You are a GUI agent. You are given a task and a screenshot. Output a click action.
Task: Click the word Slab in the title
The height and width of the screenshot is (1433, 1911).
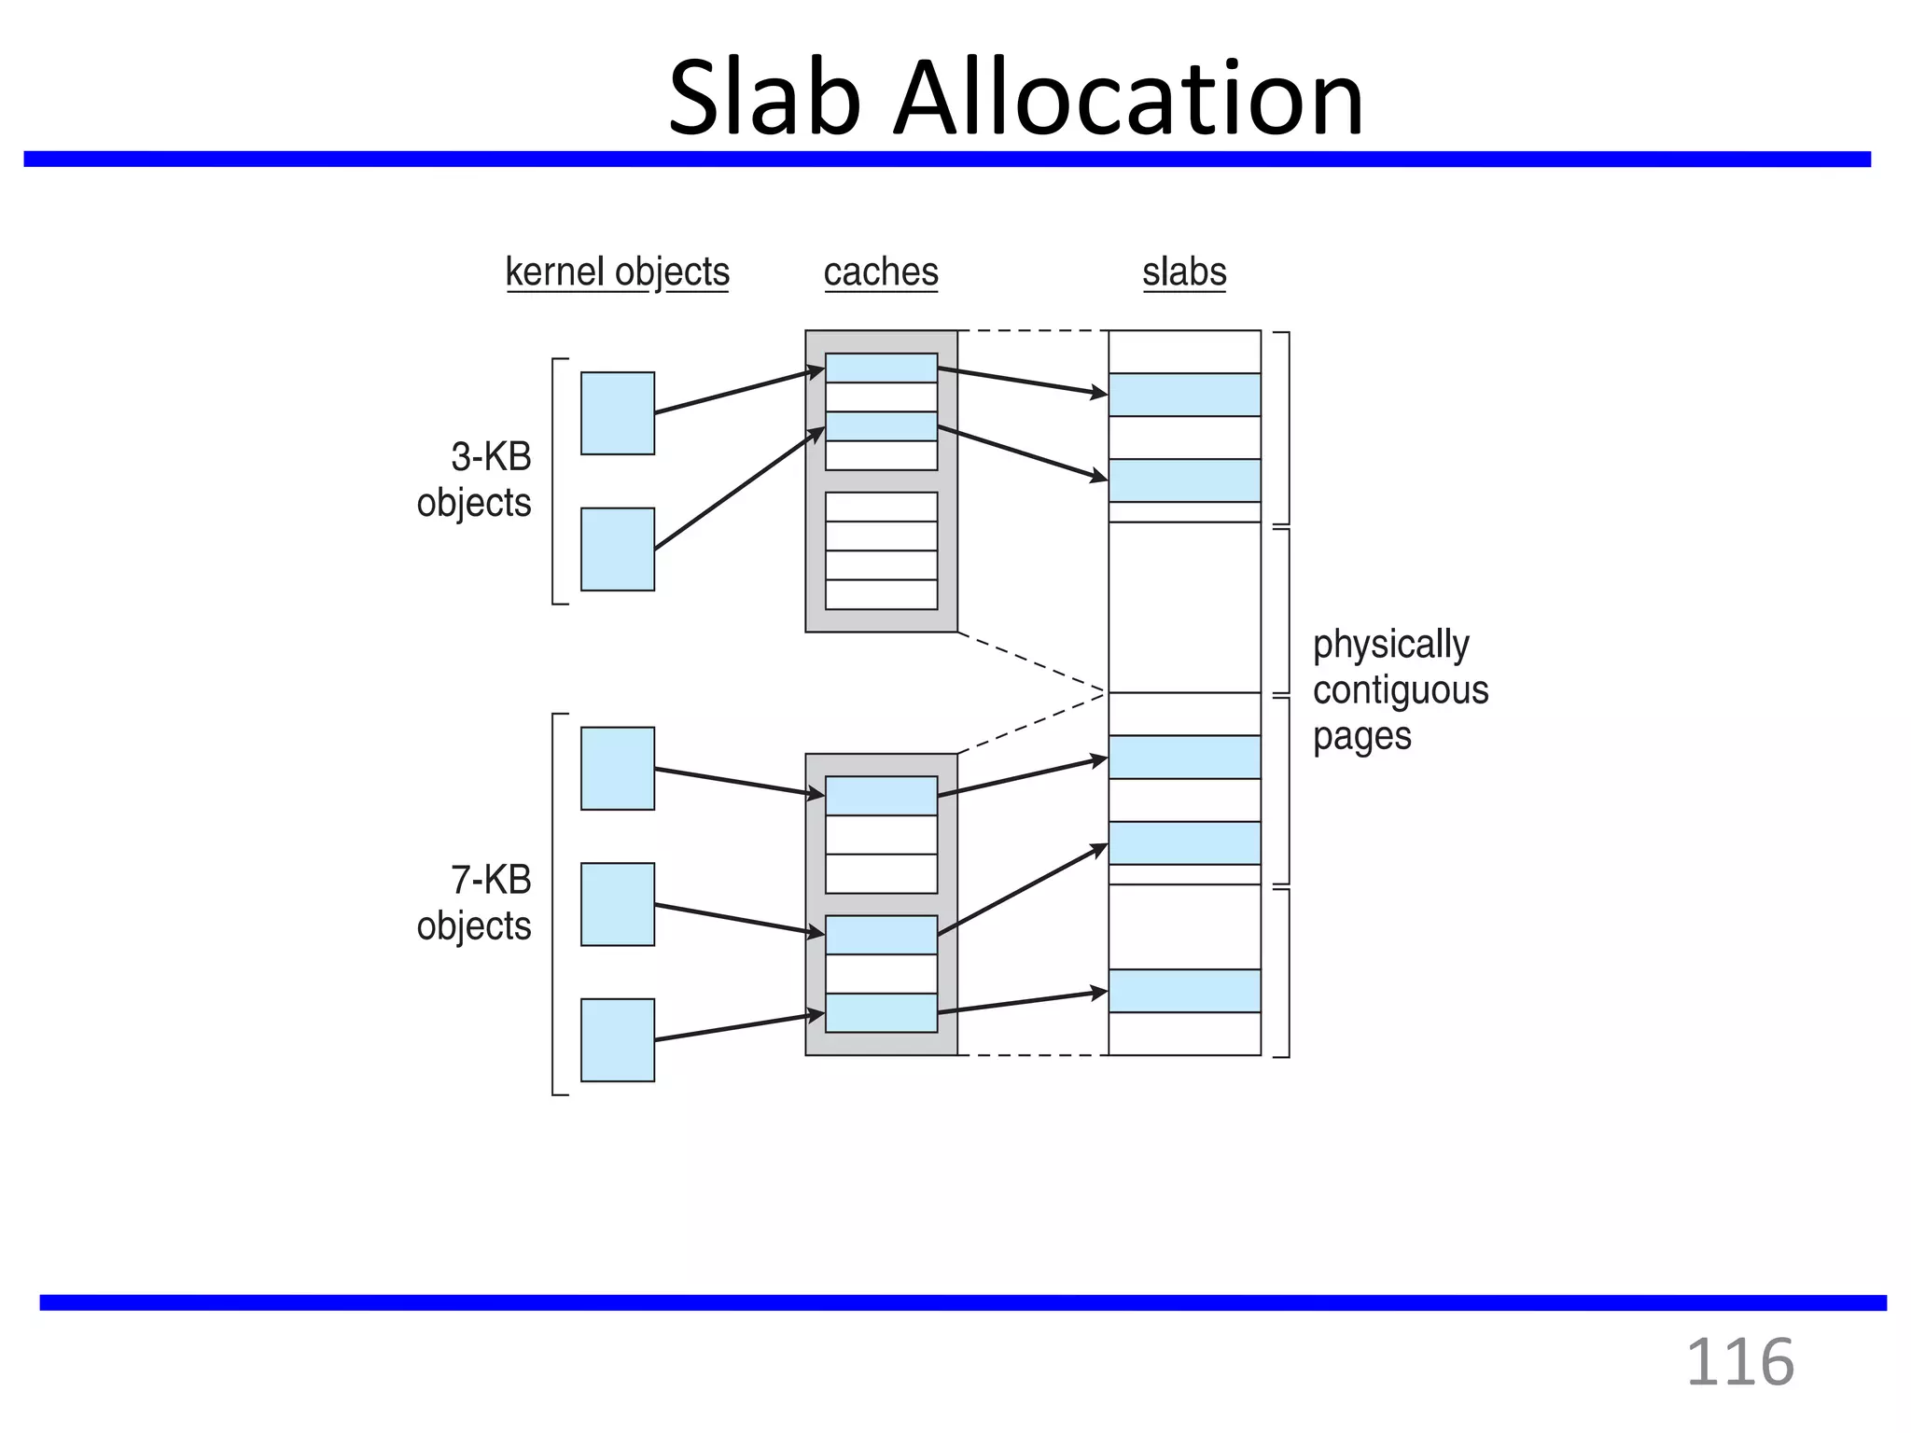click(x=765, y=98)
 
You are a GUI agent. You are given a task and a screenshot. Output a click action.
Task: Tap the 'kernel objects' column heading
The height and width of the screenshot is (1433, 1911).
click(x=617, y=272)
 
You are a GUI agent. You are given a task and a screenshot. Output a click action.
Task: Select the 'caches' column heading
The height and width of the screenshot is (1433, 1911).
click(x=881, y=272)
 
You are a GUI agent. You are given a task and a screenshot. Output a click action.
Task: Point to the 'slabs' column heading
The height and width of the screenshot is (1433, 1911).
click(x=1184, y=272)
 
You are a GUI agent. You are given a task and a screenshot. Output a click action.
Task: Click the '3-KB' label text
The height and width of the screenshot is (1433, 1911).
click(x=491, y=457)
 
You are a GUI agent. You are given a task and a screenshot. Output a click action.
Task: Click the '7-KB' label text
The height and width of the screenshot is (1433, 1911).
click(x=491, y=880)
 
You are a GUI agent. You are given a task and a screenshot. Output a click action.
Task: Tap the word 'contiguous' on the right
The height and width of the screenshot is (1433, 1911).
click(x=1401, y=690)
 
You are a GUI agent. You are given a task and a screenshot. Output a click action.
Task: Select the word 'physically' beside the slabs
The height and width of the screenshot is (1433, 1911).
click(x=1390, y=644)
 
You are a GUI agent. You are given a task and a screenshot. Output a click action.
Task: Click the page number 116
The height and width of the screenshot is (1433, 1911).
click(x=1740, y=1363)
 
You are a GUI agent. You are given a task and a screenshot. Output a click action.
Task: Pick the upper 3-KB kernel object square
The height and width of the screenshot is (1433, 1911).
click(x=618, y=413)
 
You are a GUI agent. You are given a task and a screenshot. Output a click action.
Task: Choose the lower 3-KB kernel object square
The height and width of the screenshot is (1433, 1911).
click(x=618, y=550)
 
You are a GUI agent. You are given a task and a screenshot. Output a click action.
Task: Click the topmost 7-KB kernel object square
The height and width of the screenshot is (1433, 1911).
click(x=618, y=769)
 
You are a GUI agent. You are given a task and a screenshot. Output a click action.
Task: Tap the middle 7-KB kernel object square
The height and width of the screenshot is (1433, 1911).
click(x=618, y=904)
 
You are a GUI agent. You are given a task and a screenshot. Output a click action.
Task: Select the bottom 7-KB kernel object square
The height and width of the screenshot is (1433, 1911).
click(x=618, y=1040)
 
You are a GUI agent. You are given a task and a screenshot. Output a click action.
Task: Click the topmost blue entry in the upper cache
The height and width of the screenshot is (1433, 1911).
click(x=881, y=368)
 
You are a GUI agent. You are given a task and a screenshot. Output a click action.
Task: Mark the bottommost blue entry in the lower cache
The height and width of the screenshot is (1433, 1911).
click(x=881, y=1013)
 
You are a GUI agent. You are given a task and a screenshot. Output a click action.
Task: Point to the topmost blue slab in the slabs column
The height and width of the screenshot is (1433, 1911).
click(x=1184, y=395)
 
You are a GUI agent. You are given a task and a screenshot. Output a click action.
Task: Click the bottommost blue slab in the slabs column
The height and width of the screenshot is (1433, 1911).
click(x=1184, y=991)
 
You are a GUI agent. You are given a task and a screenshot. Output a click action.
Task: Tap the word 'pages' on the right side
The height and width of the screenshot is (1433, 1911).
click(x=1361, y=737)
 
